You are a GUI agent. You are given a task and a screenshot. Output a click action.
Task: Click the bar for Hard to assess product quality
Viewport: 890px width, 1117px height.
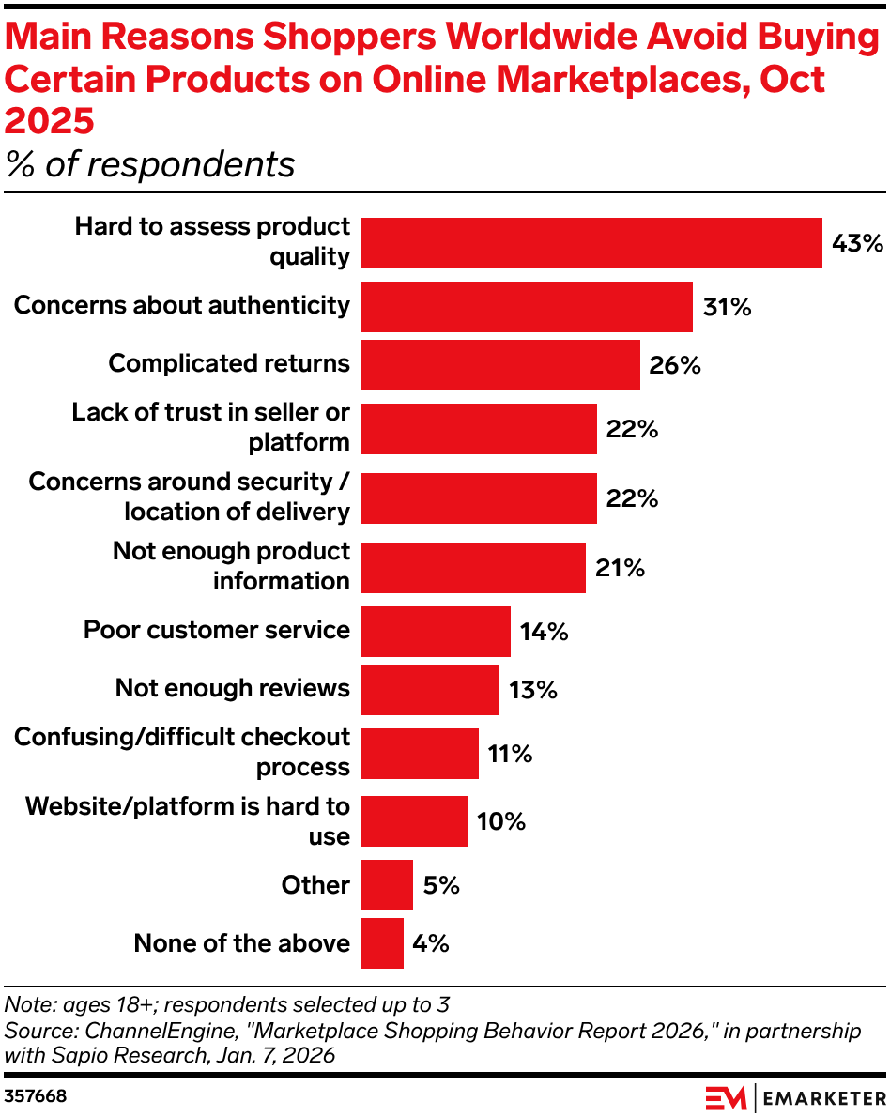tap(591, 243)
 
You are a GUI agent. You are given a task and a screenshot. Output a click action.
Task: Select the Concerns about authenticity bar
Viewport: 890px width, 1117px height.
tap(527, 307)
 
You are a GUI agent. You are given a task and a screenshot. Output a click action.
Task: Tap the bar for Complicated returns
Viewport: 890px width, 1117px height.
tap(500, 365)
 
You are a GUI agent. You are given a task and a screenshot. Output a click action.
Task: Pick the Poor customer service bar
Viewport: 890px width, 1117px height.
tap(436, 632)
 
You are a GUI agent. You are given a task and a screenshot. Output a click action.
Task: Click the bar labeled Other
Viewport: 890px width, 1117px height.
tap(387, 885)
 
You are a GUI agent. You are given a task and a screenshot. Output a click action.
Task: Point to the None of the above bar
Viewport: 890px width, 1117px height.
tap(382, 943)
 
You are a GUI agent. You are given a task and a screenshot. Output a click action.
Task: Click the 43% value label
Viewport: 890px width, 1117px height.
tap(858, 243)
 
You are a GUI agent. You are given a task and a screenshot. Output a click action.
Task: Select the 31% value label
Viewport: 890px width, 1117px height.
tap(728, 307)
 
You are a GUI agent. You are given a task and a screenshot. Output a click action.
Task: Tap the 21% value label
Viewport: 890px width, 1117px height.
tap(621, 567)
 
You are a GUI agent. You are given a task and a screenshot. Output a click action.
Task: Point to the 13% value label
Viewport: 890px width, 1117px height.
tap(533, 690)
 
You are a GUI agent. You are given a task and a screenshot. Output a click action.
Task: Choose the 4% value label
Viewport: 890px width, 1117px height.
tap(431, 943)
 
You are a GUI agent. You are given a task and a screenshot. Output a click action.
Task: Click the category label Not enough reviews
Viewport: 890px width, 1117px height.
tap(232, 688)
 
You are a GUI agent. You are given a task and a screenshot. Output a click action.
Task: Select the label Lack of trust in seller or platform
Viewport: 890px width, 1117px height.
tap(211, 427)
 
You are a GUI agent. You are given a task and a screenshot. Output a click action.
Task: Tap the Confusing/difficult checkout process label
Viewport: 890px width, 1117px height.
tap(182, 752)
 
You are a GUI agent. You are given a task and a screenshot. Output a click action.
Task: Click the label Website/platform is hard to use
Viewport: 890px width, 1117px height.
tap(188, 821)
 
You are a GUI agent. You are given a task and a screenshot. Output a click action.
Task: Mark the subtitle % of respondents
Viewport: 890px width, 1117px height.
tap(150, 164)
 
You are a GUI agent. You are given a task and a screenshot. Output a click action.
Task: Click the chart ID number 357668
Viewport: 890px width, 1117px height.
tap(36, 1095)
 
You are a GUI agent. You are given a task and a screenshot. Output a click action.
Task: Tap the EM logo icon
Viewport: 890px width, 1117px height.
tap(726, 1096)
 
